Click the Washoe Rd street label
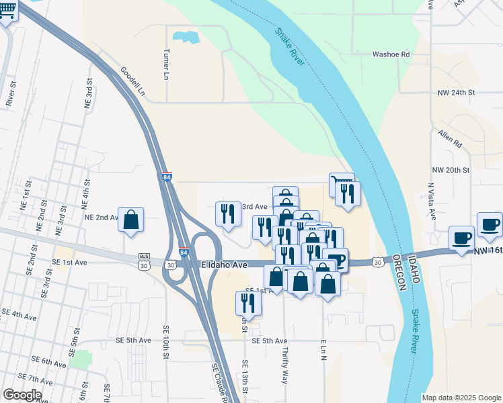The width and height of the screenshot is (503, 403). pos(391,54)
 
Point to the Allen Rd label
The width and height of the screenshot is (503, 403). pos(450,139)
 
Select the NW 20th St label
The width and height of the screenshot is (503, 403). pos(451,170)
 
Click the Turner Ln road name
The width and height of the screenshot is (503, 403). pos(166,65)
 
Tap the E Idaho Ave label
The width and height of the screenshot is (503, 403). pos(225,265)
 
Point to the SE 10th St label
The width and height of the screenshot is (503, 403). pos(166,343)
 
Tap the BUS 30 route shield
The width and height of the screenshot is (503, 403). pos(143,261)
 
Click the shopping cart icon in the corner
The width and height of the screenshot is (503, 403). pos(7,13)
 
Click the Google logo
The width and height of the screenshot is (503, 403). pos(22,395)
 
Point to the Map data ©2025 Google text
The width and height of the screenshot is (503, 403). pos(461,398)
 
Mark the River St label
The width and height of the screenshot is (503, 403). pos(11,93)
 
